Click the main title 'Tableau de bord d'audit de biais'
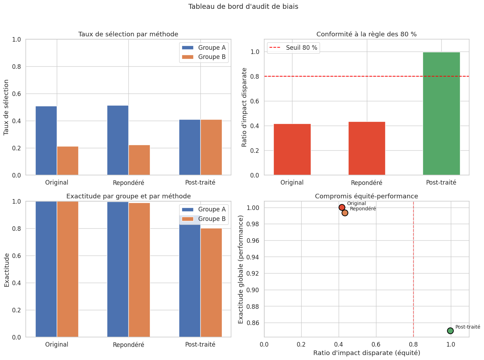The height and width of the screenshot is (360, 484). tap(243, 7)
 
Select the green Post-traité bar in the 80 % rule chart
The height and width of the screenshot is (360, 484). tap(441, 113)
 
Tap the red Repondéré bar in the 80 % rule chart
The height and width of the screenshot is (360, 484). tap(367, 148)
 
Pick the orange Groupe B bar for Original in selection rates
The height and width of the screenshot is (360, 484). tap(68, 161)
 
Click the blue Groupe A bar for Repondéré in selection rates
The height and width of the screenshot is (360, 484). tap(118, 140)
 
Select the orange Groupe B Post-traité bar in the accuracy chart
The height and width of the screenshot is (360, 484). tap(211, 282)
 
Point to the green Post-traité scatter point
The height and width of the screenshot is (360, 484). tap(450, 331)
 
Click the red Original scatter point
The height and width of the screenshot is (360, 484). tap(342, 208)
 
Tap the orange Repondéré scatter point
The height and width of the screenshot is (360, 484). tap(345, 213)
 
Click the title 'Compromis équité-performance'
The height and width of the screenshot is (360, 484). tap(366, 196)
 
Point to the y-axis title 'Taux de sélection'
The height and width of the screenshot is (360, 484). tap(6, 107)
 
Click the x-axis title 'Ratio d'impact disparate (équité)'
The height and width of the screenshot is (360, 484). tap(367, 353)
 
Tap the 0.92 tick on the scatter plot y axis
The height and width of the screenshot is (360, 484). tap(254, 274)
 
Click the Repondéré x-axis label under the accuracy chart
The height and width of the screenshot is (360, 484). tap(128, 345)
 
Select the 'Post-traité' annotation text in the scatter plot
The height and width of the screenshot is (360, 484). tap(467, 327)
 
